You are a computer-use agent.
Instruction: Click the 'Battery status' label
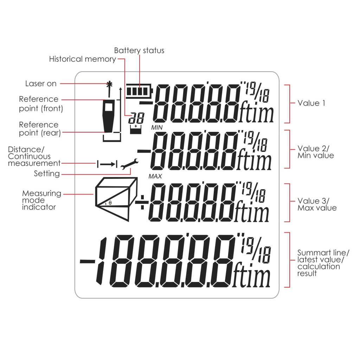point(139,51)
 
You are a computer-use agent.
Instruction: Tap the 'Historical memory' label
point(82,59)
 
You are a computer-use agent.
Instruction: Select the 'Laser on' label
point(41,84)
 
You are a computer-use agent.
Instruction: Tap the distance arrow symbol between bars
point(107,164)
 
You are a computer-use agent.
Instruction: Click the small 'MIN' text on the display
point(156,127)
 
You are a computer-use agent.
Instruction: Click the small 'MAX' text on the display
point(155,176)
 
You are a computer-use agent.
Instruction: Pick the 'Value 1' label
point(311,103)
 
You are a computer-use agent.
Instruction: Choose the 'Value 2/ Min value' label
point(316,152)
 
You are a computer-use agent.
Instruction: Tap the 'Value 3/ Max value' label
point(317,204)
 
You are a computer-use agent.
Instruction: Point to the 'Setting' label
point(47,173)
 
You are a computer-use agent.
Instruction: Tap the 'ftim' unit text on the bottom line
point(251,277)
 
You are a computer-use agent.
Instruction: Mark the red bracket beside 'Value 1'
point(289,104)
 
